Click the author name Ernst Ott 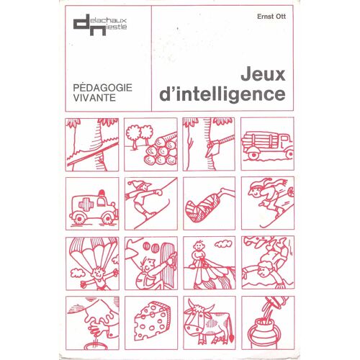(x=271, y=17)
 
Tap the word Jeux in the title (x=263, y=75)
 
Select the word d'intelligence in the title (x=222, y=94)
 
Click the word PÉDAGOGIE (x=102, y=87)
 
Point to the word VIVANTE (x=94, y=98)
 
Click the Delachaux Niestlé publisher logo (x=100, y=25)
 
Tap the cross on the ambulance (x=86, y=205)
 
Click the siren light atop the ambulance (x=102, y=193)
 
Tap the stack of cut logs (x=162, y=150)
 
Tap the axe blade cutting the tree (x=214, y=149)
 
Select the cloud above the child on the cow (x=223, y=244)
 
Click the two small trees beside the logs (x=139, y=135)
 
